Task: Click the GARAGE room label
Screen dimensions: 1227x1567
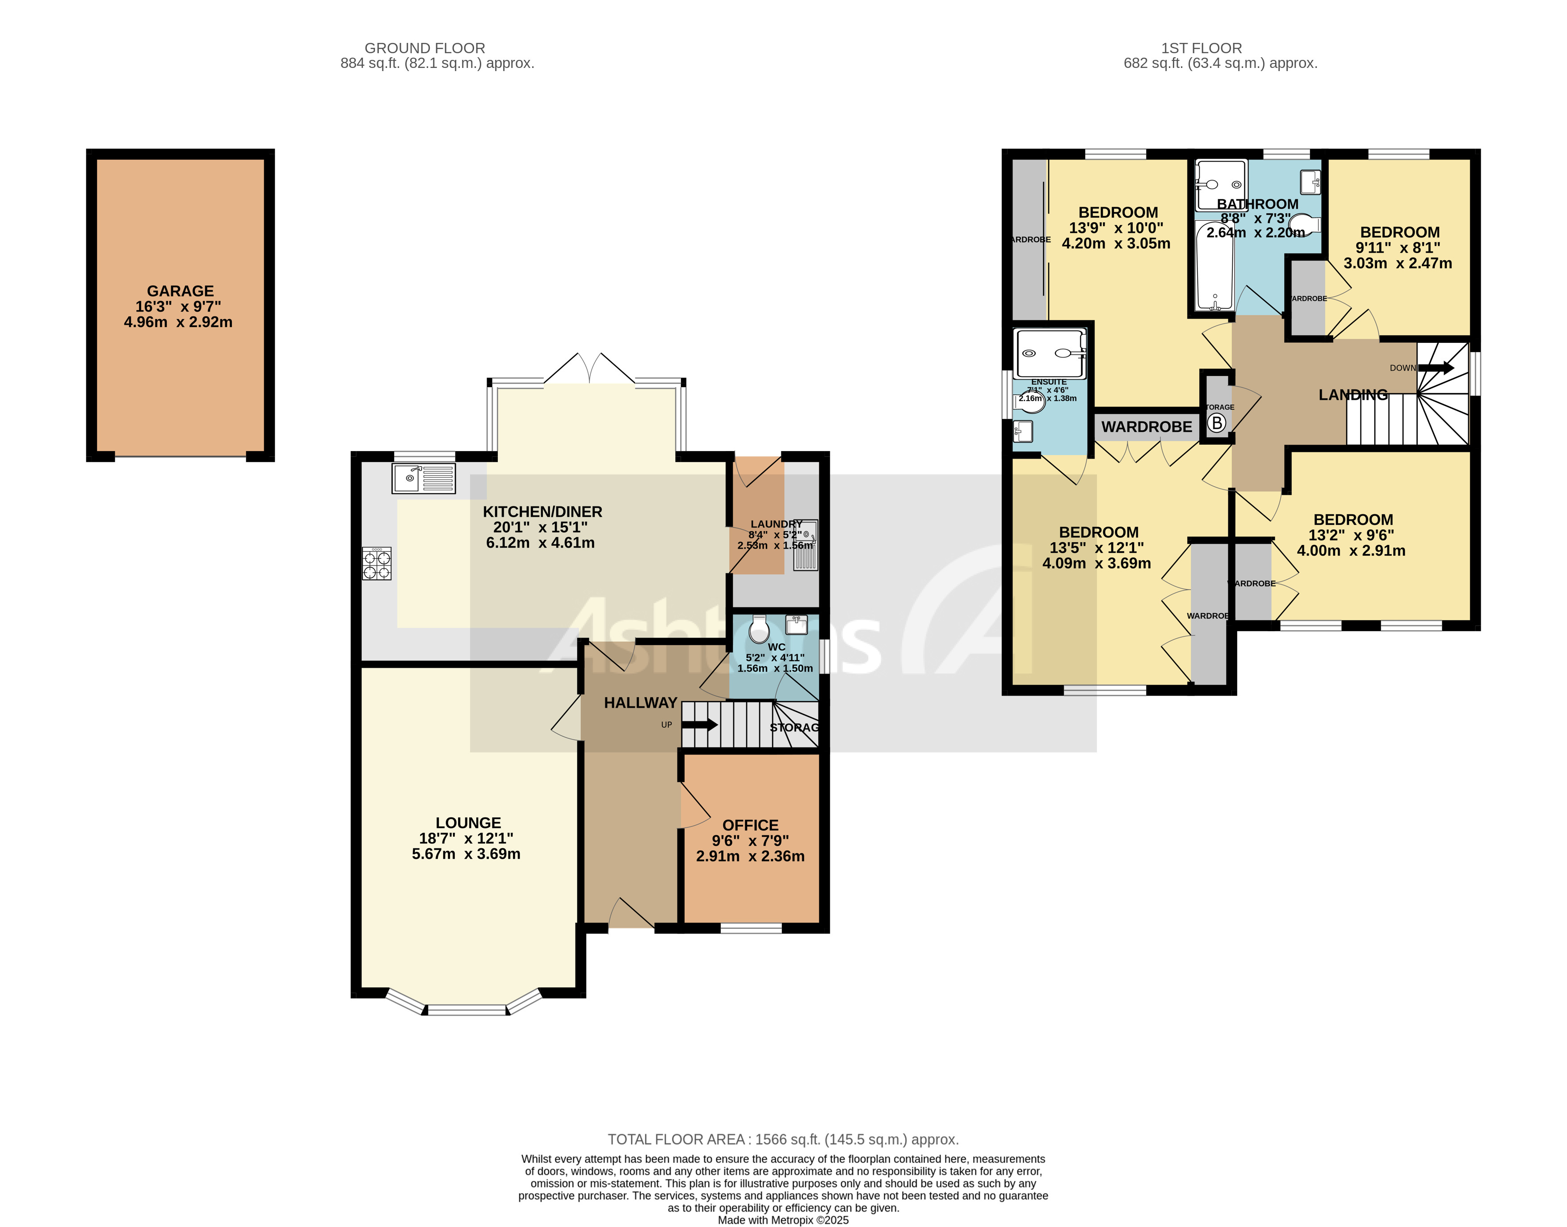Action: point(180,291)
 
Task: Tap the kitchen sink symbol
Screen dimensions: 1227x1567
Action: point(424,478)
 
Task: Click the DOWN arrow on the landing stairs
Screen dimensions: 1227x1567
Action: point(1435,368)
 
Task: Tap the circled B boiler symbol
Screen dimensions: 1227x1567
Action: point(1217,423)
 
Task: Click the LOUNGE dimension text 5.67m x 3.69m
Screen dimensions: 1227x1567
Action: point(466,854)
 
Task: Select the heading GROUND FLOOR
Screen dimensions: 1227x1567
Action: point(424,48)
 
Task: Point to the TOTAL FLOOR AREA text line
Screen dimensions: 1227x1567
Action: point(783,1139)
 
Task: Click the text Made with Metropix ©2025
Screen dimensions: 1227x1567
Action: point(783,1220)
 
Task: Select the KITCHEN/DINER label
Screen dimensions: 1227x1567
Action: point(542,511)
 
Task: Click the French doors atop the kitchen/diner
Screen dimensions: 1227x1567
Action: point(589,368)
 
